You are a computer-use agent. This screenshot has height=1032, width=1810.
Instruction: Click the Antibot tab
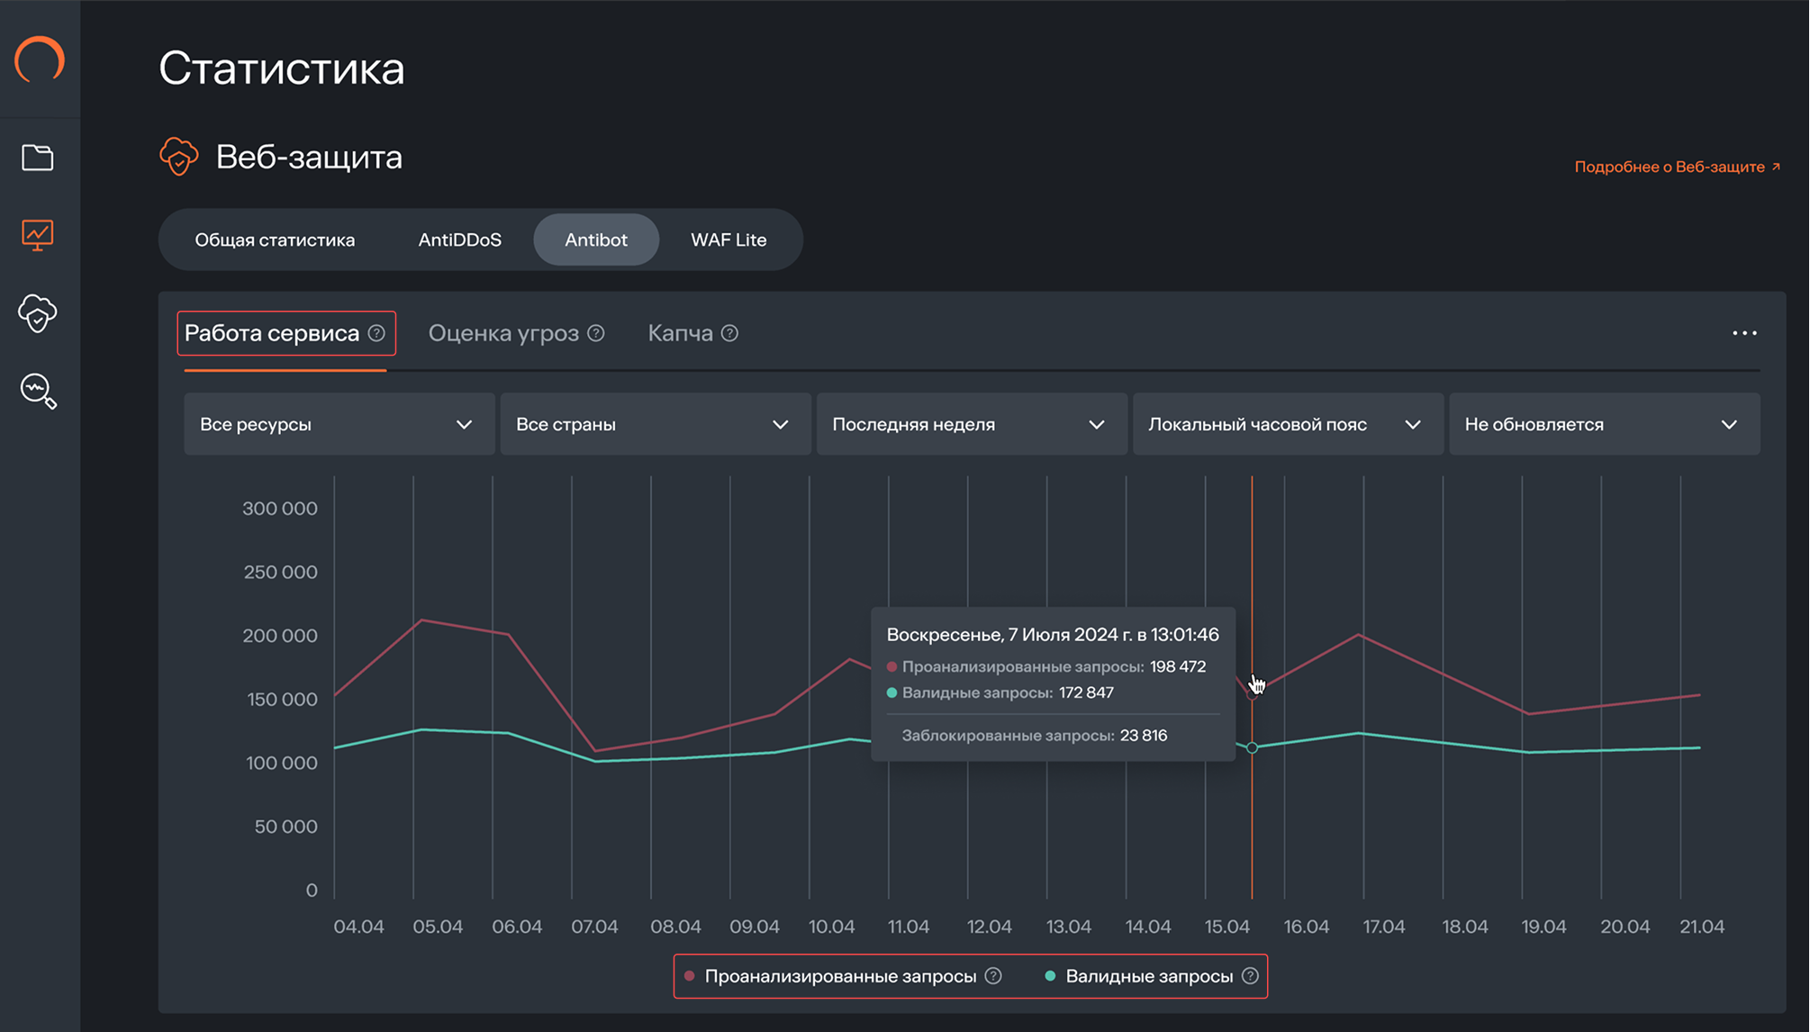pyautogui.click(x=595, y=240)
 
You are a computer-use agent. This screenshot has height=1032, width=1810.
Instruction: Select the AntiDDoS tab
pyautogui.click(x=459, y=240)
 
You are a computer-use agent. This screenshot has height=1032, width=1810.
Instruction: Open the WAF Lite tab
pyautogui.click(x=728, y=240)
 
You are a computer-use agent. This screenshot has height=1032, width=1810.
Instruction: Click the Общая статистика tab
pyautogui.click(x=275, y=240)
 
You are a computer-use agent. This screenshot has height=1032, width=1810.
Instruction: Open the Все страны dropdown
pyautogui.click(x=655, y=424)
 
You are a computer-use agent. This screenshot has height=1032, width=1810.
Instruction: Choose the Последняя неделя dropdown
pyautogui.click(x=971, y=424)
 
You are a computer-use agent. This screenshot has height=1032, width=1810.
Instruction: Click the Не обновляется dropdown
pyautogui.click(x=1603, y=424)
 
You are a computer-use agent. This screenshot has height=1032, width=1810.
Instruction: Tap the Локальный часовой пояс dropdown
pyautogui.click(x=1287, y=424)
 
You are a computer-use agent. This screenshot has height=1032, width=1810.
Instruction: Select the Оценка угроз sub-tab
pyautogui.click(x=503, y=333)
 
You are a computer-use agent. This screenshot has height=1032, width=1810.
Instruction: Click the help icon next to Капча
pyautogui.click(x=730, y=333)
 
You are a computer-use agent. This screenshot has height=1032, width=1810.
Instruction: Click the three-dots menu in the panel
pyautogui.click(x=1744, y=333)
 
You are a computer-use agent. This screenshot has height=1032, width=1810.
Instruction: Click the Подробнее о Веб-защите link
pyautogui.click(x=1676, y=167)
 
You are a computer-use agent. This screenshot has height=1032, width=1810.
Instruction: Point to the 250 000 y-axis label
pyautogui.click(x=280, y=572)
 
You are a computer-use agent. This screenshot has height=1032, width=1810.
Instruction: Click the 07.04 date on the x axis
pyautogui.click(x=594, y=927)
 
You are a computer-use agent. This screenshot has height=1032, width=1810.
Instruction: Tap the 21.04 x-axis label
pyautogui.click(x=1701, y=927)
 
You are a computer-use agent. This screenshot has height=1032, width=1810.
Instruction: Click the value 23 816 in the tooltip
pyautogui.click(x=1143, y=736)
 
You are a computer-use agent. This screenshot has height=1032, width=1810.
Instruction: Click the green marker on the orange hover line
pyautogui.click(x=1252, y=748)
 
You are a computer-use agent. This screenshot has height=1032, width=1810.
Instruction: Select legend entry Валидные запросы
pyautogui.click(x=1148, y=976)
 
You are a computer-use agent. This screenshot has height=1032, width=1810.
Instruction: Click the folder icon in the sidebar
pyautogui.click(x=38, y=158)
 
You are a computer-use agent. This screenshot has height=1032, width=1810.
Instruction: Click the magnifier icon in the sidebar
pyautogui.click(x=38, y=391)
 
